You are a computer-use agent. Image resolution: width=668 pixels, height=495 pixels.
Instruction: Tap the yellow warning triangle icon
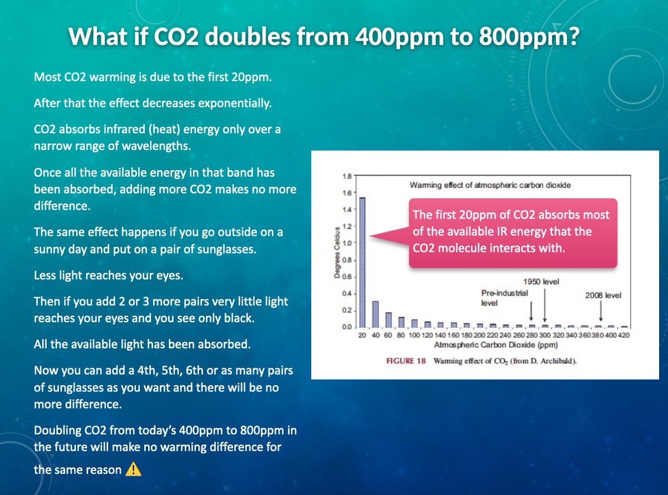[x=133, y=469]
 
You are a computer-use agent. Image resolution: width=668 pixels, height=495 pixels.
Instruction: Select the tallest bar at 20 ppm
[x=362, y=261]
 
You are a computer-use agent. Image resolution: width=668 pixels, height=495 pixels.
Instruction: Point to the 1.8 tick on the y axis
[x=347, y=176]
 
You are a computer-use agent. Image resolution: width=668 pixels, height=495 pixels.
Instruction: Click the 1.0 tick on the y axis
[x=347, y=243]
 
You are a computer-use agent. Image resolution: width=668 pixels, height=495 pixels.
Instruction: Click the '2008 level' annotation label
[x=602, y=295]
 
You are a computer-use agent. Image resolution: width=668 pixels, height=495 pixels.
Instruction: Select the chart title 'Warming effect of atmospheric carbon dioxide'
[x=490, y=185]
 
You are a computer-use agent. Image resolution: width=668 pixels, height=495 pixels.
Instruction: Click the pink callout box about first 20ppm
[x=512, y=231]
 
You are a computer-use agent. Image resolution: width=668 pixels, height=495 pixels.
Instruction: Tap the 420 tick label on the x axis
[x=623, y=335]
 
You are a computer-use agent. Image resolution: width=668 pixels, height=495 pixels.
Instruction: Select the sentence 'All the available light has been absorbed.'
[x=142, y=343]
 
